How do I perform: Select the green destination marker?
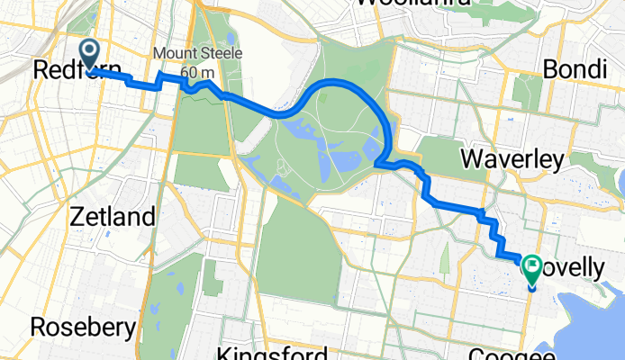coord(530,267)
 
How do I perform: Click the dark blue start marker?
coord(91,52)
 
